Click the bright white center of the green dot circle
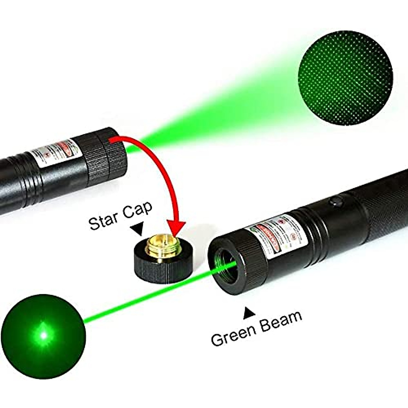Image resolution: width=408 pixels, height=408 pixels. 43,335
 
